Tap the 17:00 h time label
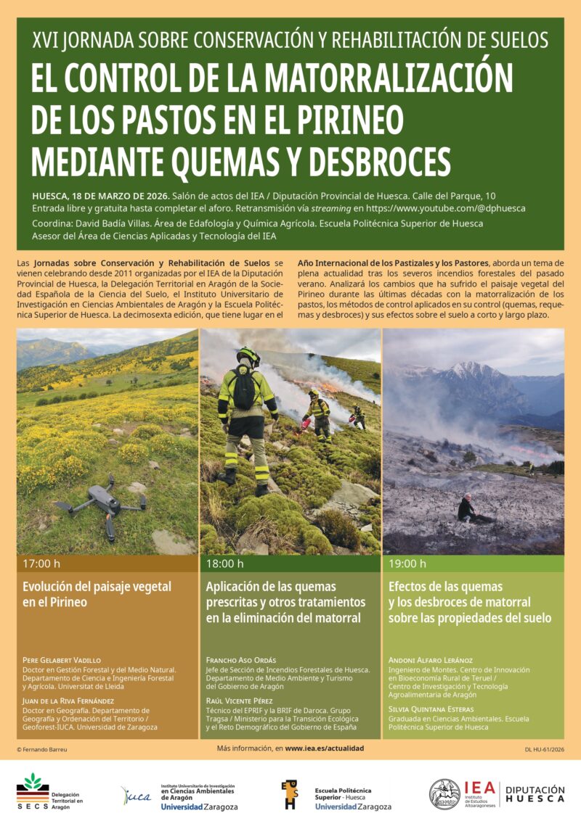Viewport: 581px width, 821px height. click(x=41, y=564)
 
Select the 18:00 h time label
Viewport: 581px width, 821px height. click(x=225, y=564)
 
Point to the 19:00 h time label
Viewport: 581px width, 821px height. click(x=408, y=564)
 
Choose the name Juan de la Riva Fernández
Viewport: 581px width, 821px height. click(x=68, y=701)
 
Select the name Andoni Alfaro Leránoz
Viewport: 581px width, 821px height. click(x=431, y=661)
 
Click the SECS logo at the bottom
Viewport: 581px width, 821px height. click(x=33, y=791)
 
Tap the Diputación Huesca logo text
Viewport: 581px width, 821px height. click(x=535, y=793)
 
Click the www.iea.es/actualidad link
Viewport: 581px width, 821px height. click(x=325, y=748)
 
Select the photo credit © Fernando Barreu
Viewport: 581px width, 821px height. click(x=42, y=748)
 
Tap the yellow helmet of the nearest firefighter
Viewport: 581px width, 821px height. click(x=248, y=355)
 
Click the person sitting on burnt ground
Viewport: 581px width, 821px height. click(x=466, y=510)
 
